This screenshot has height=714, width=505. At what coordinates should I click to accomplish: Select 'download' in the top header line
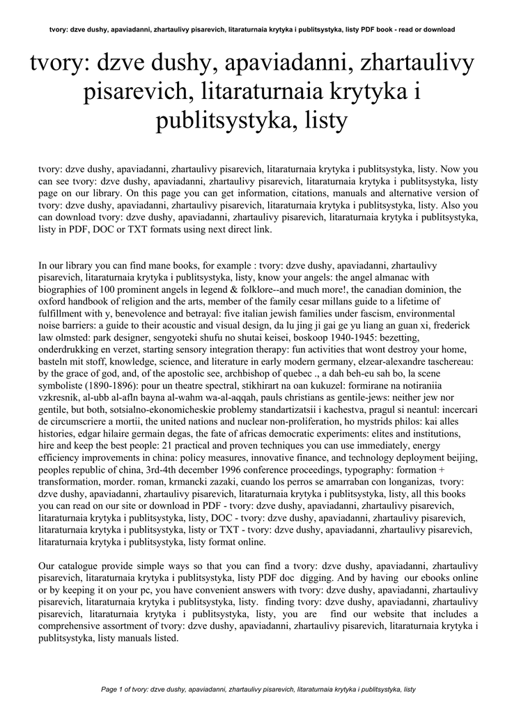click(x=438, y=30)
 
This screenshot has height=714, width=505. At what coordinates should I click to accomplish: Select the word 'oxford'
click(x=55, y=301)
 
